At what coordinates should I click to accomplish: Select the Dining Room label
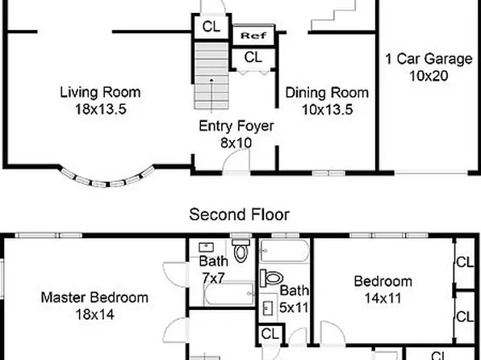(327, 92)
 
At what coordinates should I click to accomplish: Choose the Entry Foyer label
(236, 126)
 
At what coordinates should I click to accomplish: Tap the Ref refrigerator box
(254, 36)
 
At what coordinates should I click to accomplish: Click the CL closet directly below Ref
(253, 57)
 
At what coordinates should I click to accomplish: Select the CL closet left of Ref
(211, 27)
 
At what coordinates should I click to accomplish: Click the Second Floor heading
(239, 215)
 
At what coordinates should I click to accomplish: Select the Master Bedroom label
(94, 297)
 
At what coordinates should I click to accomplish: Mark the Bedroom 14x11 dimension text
(383, 298)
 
